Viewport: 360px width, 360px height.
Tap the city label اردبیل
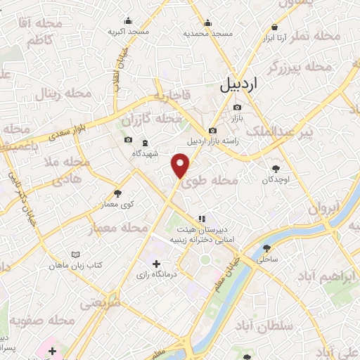240,84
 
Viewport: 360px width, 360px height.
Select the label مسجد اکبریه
129,32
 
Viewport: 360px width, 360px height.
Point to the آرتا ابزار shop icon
274,27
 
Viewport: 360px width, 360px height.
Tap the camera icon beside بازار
236,107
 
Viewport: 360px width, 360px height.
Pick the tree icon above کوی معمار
117,193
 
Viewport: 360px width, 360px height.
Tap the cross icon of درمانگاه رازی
156,263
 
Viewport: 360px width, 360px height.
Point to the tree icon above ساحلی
268,248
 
